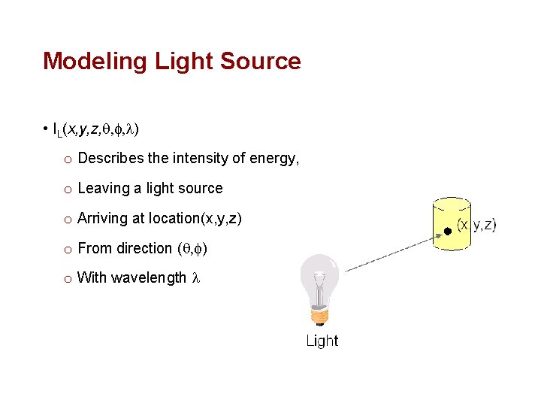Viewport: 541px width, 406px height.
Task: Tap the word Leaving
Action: coord(103,188)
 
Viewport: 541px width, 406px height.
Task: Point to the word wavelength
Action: coord(149,278)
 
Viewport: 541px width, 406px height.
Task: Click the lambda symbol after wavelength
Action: coord(196,278)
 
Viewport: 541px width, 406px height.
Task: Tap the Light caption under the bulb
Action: coord(322,341)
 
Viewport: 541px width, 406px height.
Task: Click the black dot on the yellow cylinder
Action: coord(447,231)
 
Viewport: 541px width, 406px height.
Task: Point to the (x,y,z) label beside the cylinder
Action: coord(477,225)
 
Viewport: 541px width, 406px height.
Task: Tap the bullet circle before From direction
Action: coord(67,249)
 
